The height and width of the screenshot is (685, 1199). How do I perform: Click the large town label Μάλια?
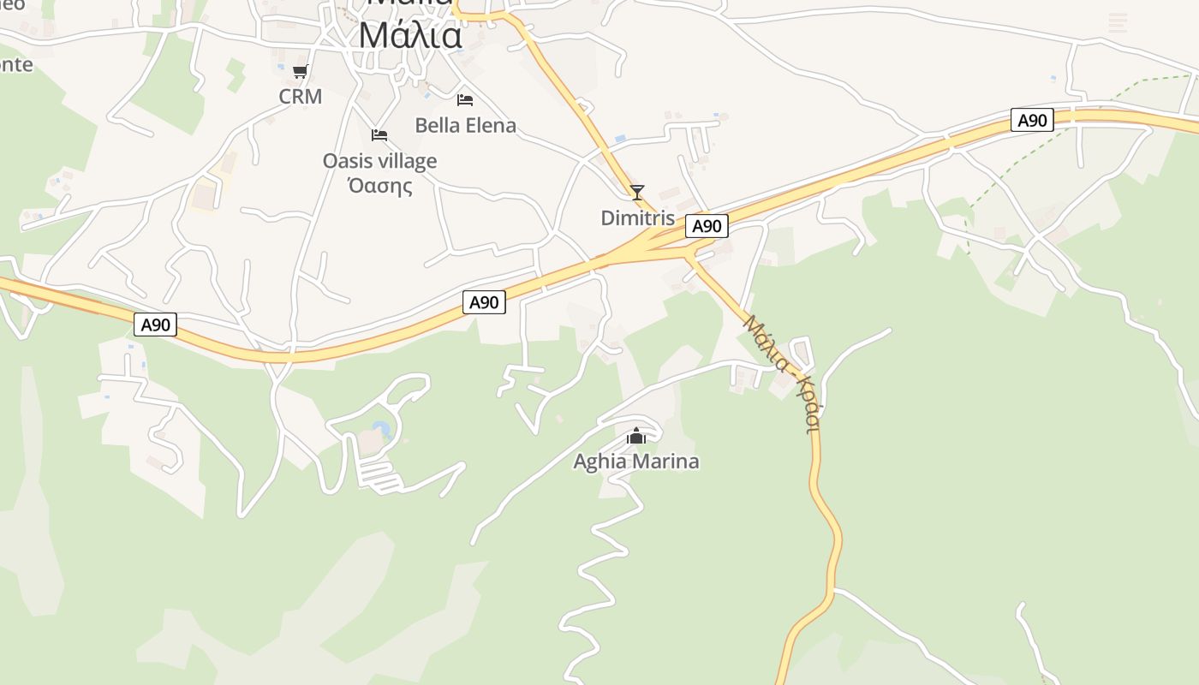(x=410, y=36)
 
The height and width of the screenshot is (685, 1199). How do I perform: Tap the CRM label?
(x=301, y=97)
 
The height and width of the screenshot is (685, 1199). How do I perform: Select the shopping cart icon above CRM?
(x=300, y=71)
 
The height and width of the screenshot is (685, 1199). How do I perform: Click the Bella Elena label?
(x=465, y=126)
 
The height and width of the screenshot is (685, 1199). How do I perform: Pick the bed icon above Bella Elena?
(x=465, y=100)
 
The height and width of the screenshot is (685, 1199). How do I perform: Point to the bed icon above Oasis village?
(x=379, y=135)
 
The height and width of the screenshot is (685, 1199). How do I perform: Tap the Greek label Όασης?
(x=379, y=185)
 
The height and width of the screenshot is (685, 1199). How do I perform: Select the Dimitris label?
(x=637, y=218)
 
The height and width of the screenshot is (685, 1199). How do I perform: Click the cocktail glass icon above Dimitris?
(x=636, y=192)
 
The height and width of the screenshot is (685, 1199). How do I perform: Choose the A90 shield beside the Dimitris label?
(x=707, y=226)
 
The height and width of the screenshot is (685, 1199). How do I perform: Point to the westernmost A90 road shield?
(x=156, y=325)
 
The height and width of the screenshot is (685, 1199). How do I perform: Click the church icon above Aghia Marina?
(x=635, y=437)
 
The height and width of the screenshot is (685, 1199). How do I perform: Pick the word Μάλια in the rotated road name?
(x=766, y=343)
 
